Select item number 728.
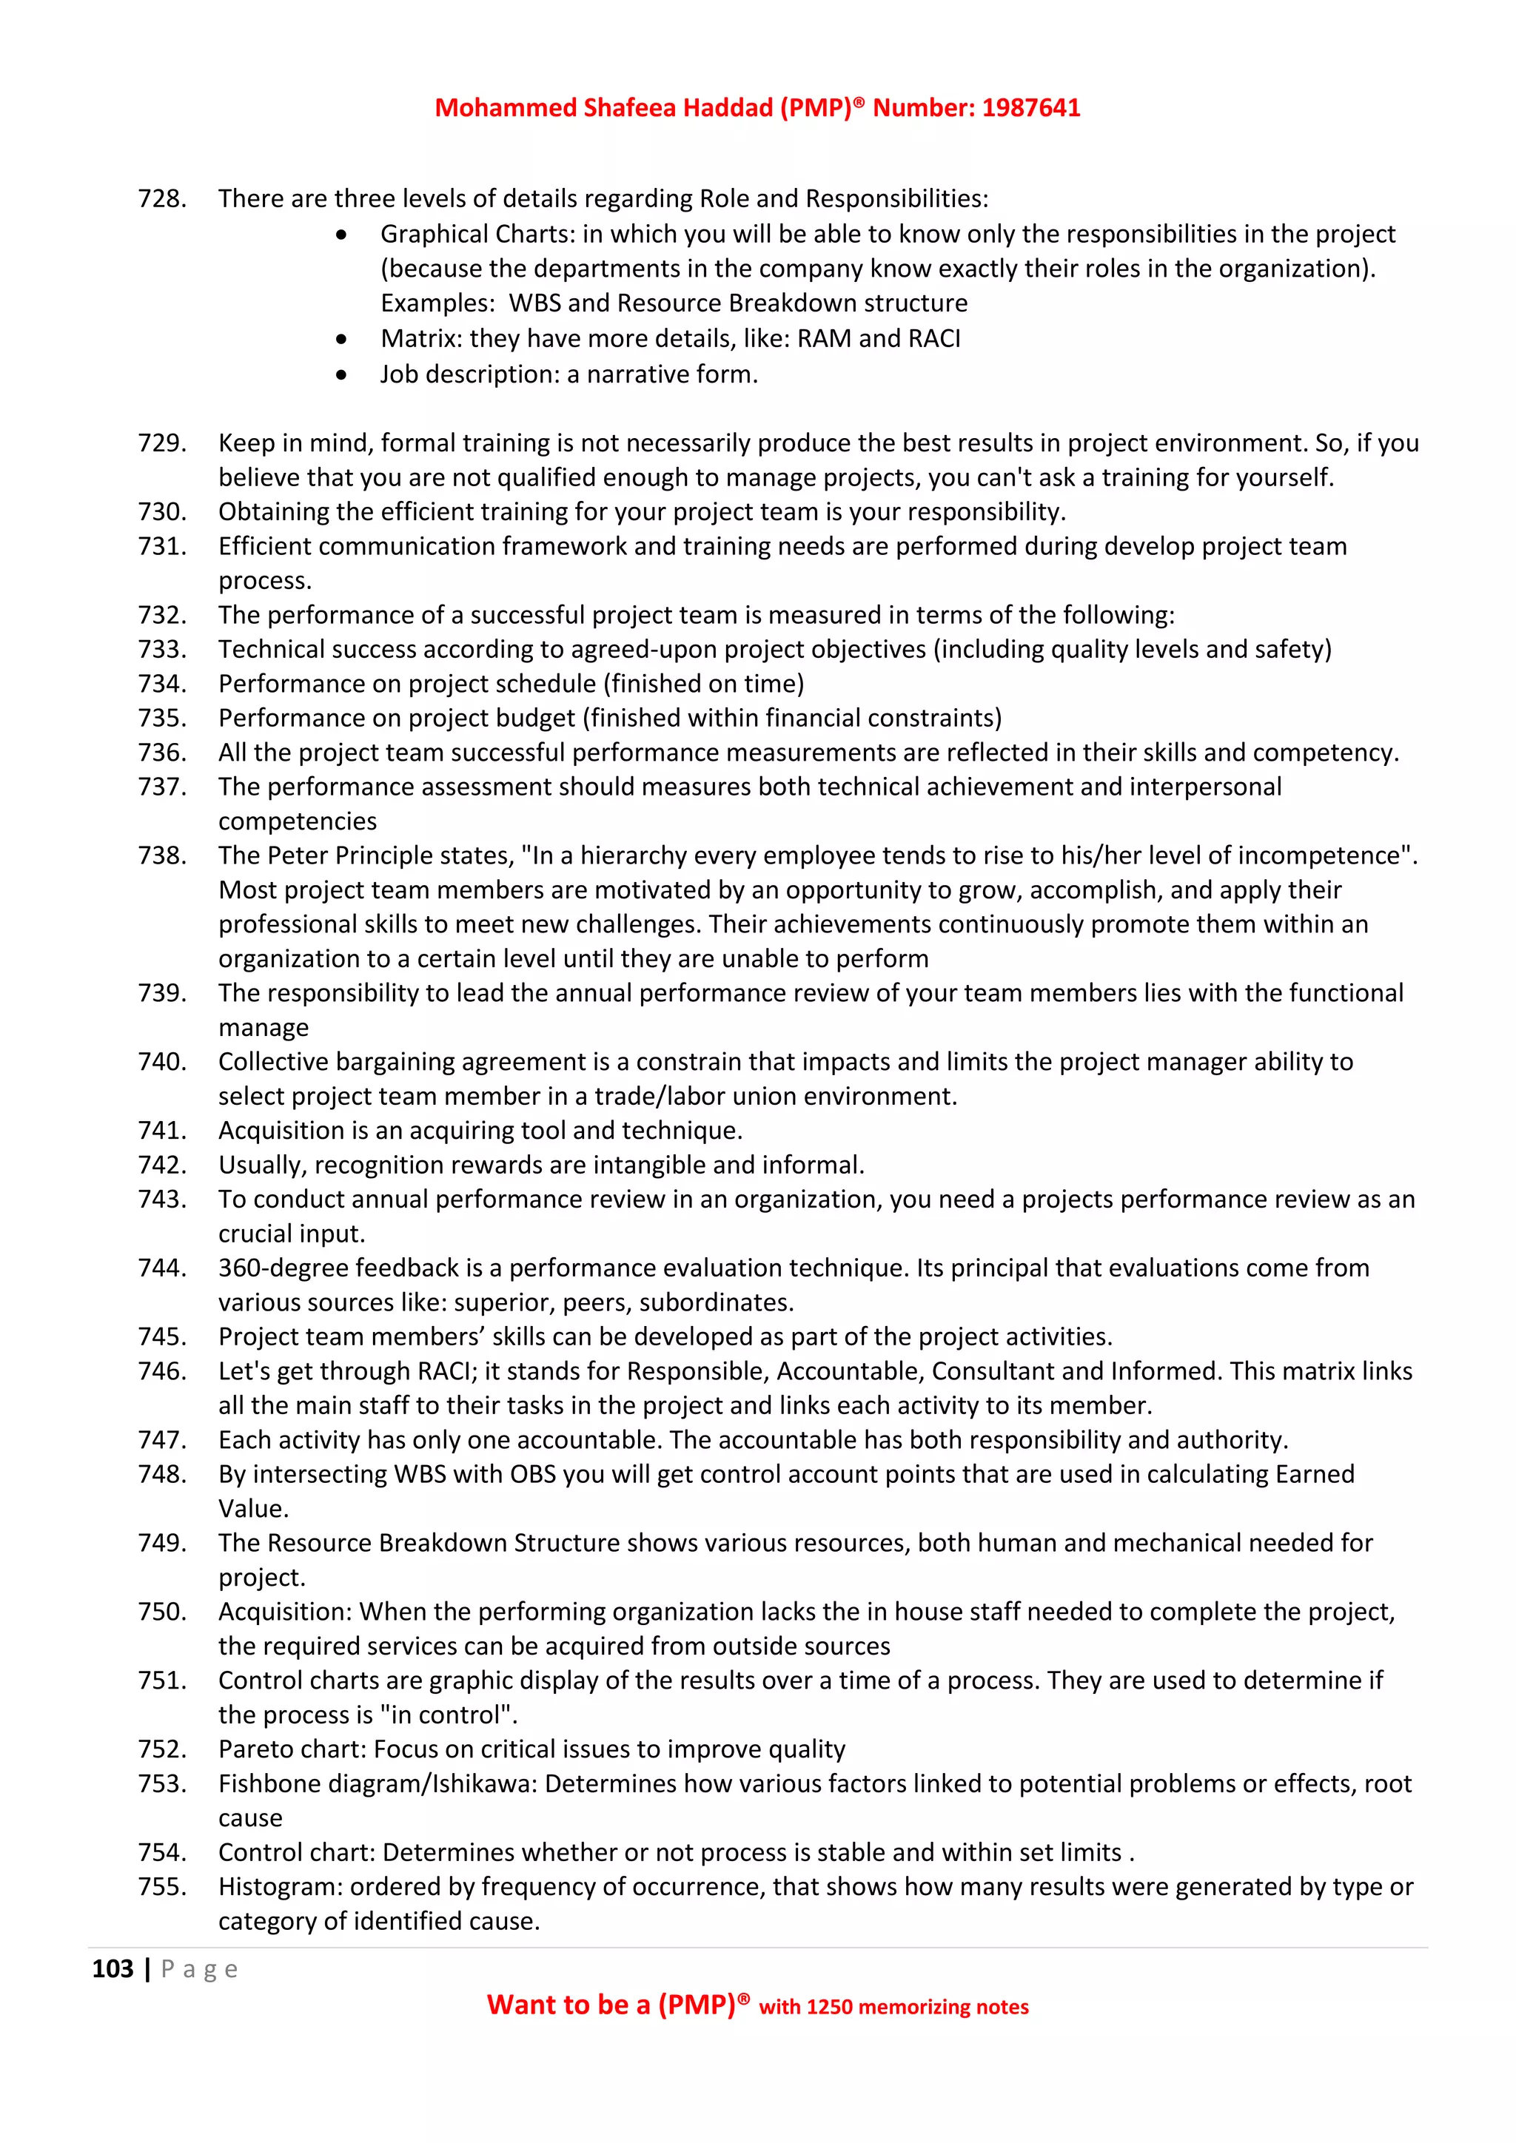coord(161,199)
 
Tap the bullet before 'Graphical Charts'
coord(342,235)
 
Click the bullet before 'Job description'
coord(342,375)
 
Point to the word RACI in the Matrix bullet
coord(933,339)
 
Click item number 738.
coord(161,856)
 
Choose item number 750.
coord(161,1612)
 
